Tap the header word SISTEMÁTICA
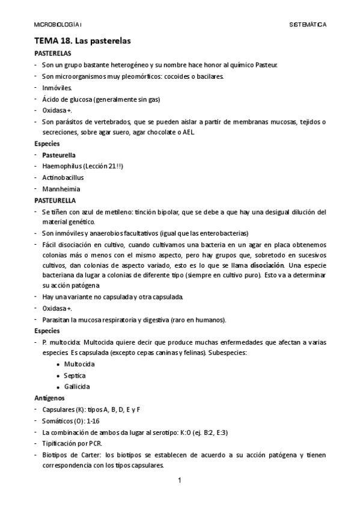[x=308, y=25]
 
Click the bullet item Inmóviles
[x=56, y=88]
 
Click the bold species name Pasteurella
[x=59, y=155]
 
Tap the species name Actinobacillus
[x=63, y=177]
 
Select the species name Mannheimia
[x=61, y=189]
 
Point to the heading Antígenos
[x=49, y=398]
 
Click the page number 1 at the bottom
[x=179, y=481]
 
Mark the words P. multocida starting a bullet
[x=59, y=342]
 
